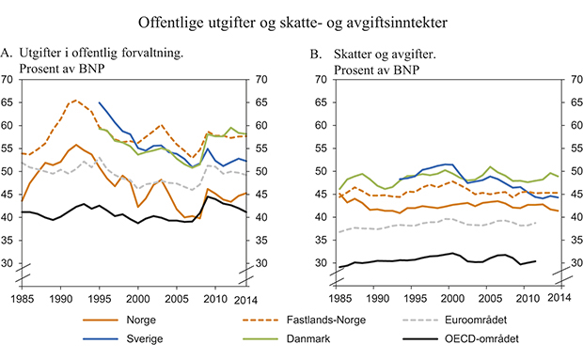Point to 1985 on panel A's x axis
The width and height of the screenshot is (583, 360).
(23, 298)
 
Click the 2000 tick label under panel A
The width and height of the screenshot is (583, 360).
(137, 298)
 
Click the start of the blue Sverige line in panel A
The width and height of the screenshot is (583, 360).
(99, 102)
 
